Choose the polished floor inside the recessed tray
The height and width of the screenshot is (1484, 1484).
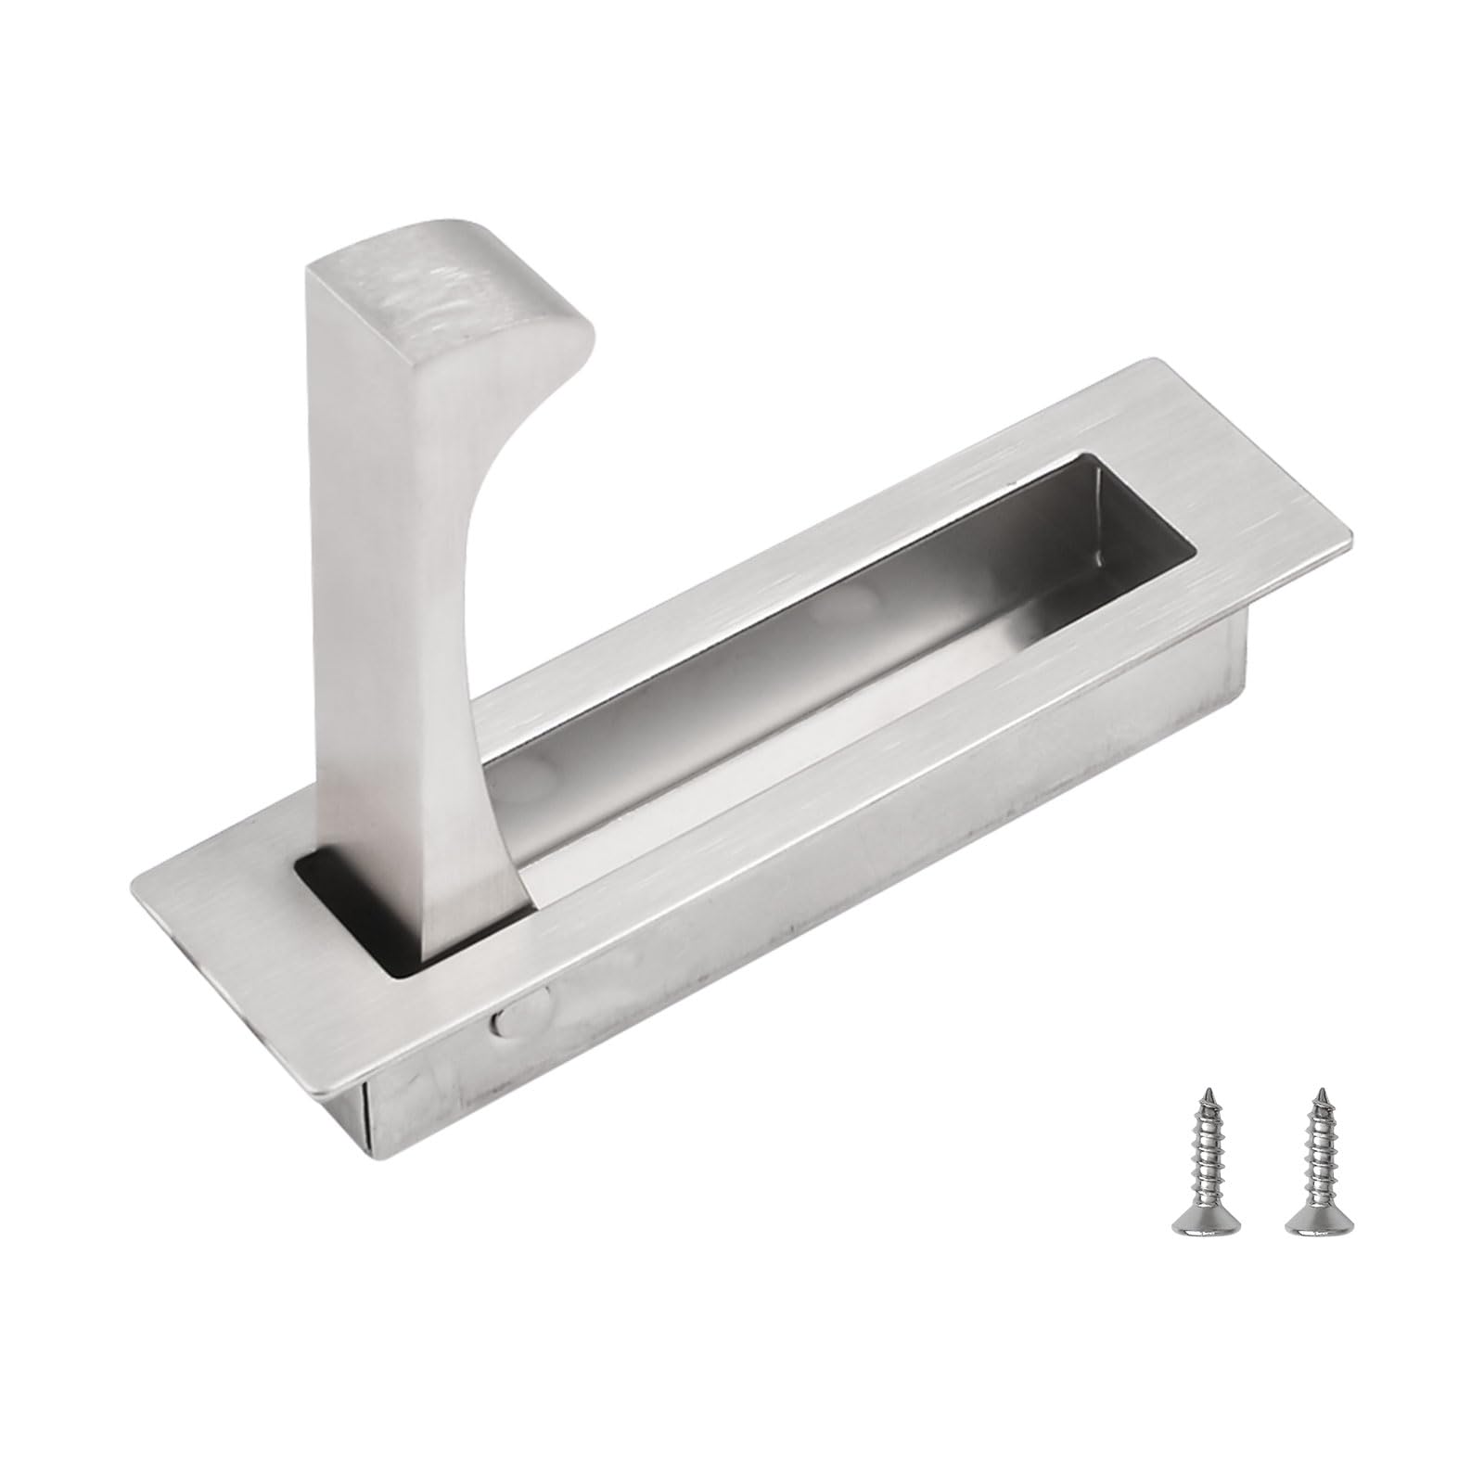tap(835, 686)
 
